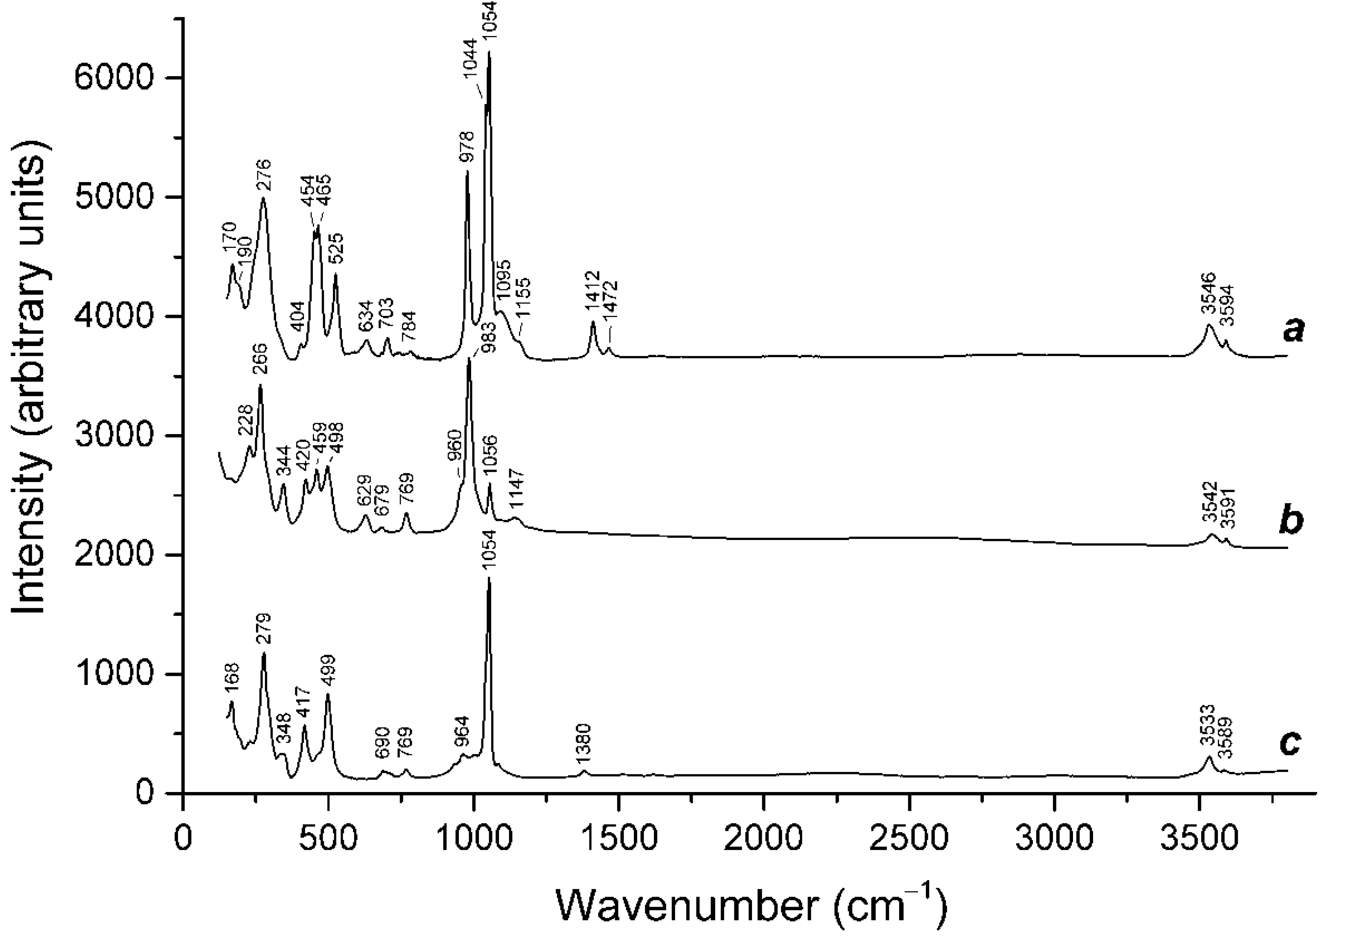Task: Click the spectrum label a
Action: coord(1293,331)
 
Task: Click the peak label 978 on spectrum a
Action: coord(467,147)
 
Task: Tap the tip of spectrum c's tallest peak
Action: coord(489,578)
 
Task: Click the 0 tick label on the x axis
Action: coord(184,838)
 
